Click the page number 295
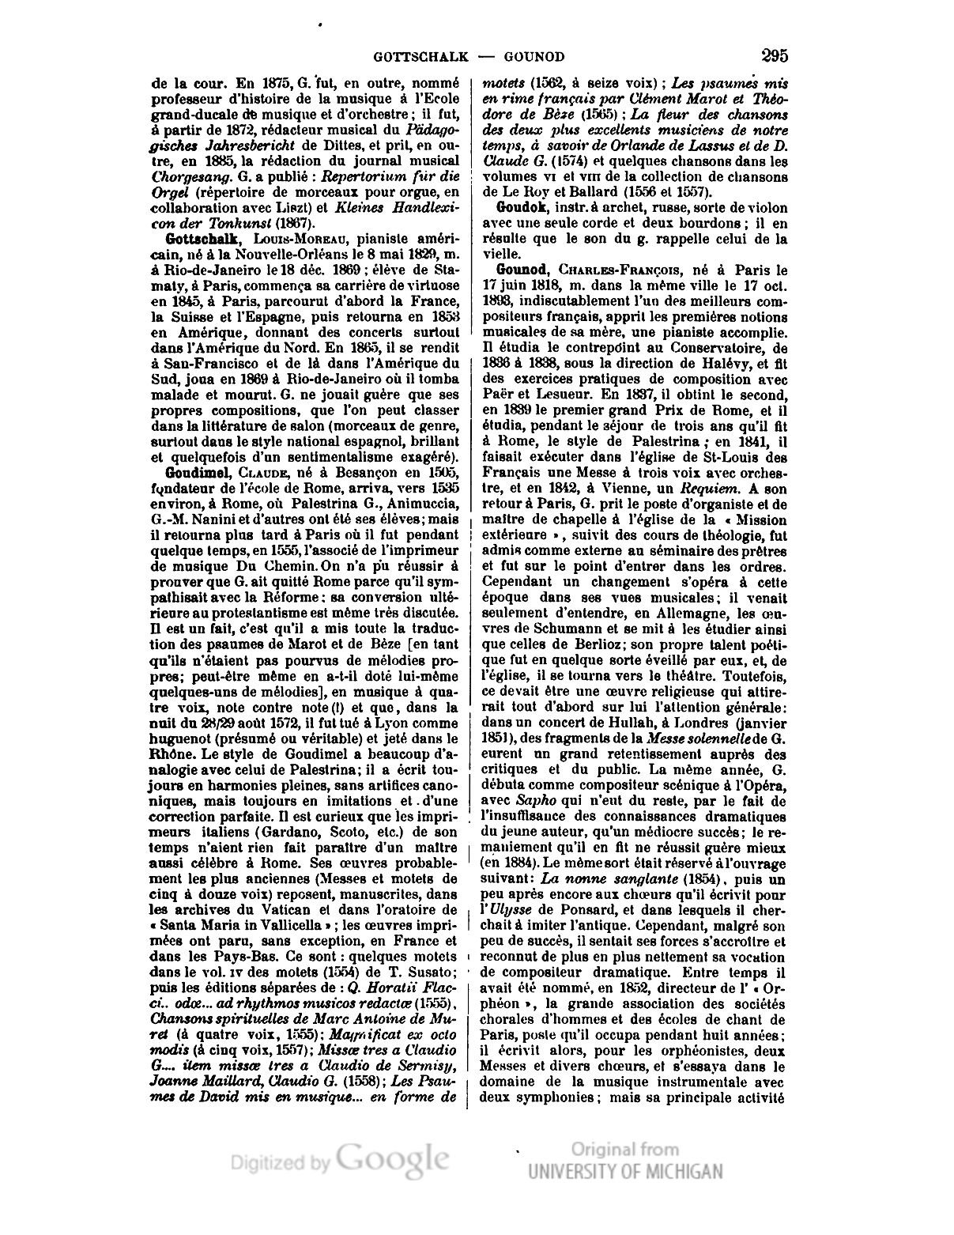pos(775,56)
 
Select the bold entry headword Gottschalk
pos(195,238)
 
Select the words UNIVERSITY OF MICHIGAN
pos(625,1171)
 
